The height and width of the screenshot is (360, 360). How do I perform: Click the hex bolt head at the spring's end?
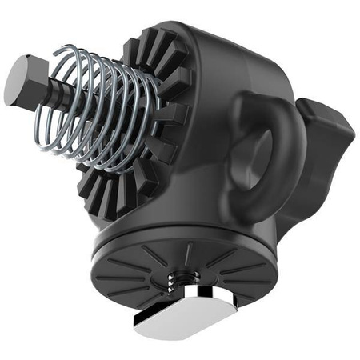click(22, 81)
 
